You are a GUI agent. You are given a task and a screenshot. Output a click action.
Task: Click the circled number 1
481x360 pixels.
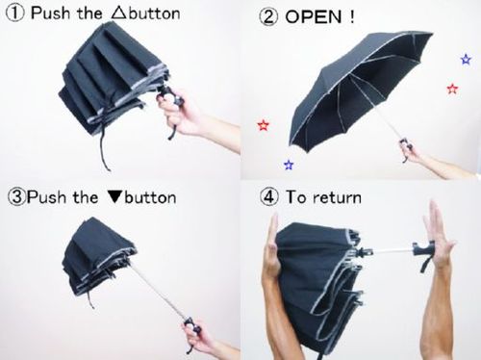pos(15,13)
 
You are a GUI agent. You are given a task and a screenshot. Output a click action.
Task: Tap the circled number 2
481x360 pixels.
pos(268,16)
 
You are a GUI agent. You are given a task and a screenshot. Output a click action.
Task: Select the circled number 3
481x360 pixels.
pos(16,197)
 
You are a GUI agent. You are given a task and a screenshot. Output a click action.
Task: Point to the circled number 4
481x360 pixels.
pos(268,196)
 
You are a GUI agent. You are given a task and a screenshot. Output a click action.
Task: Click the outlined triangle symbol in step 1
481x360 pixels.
pos(118,13)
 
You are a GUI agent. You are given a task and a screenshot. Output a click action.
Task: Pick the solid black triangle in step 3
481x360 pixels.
pos(115,197)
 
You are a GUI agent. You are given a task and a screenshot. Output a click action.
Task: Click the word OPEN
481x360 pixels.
pos(314,16)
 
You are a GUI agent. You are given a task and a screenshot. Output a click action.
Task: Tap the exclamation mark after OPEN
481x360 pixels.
pos(352,16)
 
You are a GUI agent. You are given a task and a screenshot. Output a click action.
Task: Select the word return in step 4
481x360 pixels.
pos(337,197)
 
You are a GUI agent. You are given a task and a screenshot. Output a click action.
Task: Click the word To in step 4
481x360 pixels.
pos(295,196)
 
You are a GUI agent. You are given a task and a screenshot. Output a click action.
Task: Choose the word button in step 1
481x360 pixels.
pos(153,13)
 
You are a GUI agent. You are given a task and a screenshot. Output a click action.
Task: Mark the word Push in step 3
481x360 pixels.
pos(46,197)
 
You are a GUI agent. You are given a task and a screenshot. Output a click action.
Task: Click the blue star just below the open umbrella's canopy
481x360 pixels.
pos(289,165)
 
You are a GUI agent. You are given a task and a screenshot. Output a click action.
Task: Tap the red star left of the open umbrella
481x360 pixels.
pos(264,125)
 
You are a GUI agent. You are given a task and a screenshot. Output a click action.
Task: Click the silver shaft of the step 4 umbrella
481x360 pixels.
pos(392,250)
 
